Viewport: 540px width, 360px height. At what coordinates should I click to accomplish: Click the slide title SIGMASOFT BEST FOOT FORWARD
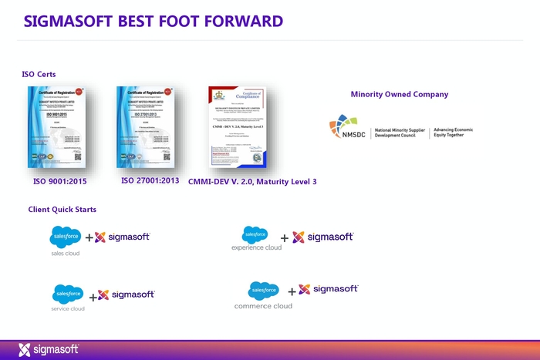pos(153,20)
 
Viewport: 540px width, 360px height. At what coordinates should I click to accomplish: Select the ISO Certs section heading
pos(39,74)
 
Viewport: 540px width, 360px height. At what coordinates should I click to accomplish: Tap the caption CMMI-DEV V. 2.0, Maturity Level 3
pos(252,182)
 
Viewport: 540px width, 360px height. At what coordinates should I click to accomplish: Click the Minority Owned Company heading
pos(399,94)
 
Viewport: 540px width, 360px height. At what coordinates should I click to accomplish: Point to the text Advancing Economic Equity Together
pos(453,133)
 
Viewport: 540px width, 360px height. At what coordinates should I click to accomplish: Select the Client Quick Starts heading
pos(62,209)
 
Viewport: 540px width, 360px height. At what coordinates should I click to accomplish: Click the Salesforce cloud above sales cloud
pos(65,237)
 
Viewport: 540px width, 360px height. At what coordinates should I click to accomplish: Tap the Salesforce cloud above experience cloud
pos(255,234)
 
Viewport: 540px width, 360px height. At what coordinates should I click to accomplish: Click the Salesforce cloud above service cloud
pos(68,294)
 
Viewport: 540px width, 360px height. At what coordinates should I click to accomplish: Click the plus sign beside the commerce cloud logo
pos(292,291)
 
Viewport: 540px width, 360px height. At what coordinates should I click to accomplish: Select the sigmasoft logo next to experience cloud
pos(323,237)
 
